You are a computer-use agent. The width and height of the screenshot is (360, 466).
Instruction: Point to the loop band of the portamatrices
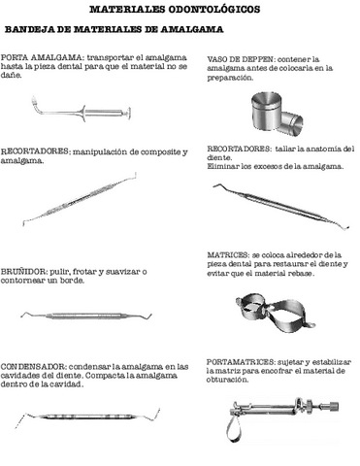(x=231, y=427)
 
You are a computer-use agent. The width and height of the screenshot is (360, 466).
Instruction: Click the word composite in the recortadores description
(x=160, y=153)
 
